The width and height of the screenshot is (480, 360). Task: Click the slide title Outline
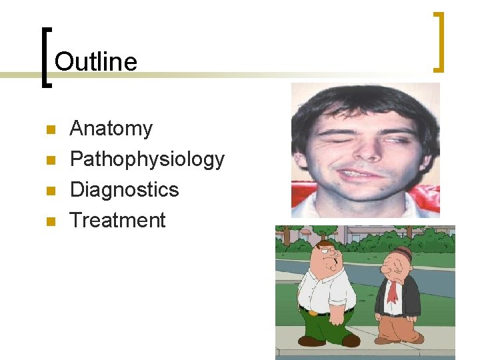click(96, 62)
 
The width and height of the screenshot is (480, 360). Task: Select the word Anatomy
click(111, 128)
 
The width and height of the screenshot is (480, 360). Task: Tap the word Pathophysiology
click(147, 159)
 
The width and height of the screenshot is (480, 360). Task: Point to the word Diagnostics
click(125, 189)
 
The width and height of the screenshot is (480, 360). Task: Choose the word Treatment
click(118, 220)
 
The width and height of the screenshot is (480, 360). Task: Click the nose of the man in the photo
click(365, 152)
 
